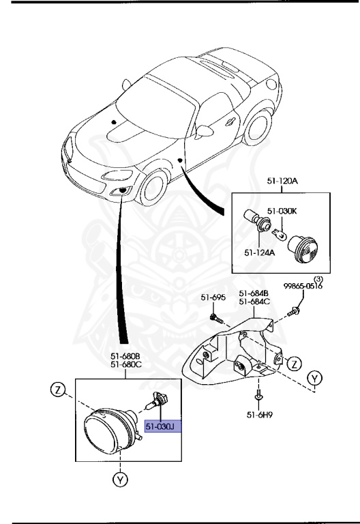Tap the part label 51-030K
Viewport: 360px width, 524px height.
pyautogui.click(x=282, y=211)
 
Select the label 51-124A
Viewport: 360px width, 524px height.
pyautogui.click(x=260, y=252)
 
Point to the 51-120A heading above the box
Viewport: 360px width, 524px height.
pyautogui.click(x=282, y=181)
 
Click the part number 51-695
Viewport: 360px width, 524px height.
pyautogui.click(x=213, y=297)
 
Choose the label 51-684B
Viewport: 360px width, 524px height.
pyautogui.click(x=254, y=293)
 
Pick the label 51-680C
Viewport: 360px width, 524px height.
pyautogui.click(x=126, y=364)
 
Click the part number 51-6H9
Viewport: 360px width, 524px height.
pyautogui.click(x=260, y=415)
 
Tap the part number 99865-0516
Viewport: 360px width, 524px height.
pyautogui.click(x=303, y=287)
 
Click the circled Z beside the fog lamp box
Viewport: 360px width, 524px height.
pyautogui.click(x=58, y=390)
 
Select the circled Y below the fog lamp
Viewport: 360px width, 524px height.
pyautogui.click(x=120, y=480)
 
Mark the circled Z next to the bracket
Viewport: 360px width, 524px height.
pyautogui.click(x=295, y=364)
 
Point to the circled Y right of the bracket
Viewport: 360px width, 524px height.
pyautogui.click(x=314, y=378)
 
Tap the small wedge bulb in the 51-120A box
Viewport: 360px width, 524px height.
pyautogui.click(x=278, y=233)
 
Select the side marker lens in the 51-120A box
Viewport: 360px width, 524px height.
pyautogui.click(x=303, y=249)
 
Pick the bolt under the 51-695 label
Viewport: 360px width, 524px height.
pyautogui.click(x=216, y=319)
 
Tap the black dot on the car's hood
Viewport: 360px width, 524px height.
pyautogui.click(x=114, y=121)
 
